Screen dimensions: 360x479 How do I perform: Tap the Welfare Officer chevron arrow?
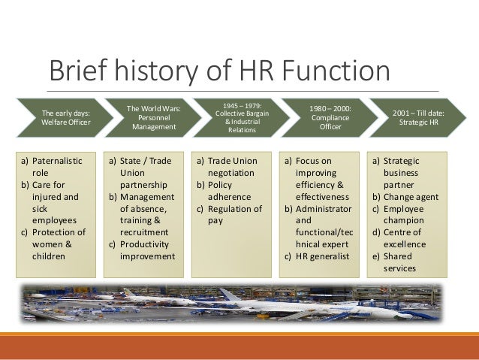click(64, 118)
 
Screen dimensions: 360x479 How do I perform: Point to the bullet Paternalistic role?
click(53, 166)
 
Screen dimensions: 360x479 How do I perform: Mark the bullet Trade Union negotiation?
click(229, 166)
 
